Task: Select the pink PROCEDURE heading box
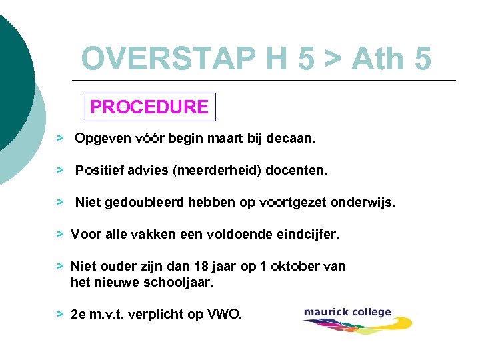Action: (149, 107)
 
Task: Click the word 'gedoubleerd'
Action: (136, 202)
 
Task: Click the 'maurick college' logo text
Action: (347, 312)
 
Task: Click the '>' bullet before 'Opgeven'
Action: (60, 139)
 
